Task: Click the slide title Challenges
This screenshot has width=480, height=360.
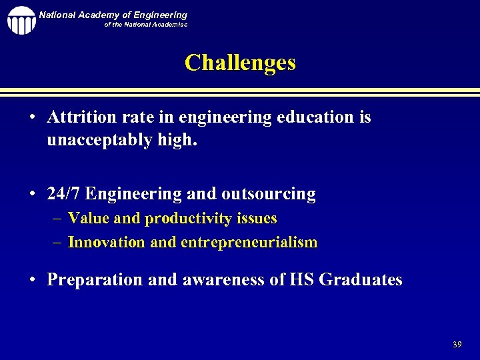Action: coord(240,63)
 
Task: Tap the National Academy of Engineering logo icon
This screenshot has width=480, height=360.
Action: coord(21,20)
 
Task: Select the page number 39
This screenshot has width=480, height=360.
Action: coord(457,344)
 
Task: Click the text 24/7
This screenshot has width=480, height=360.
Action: coord(64,194)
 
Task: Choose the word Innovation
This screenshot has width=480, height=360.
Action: coord(107,242)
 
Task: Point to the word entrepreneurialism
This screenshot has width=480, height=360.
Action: coord(249,242)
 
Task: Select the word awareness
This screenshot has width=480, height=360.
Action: coord(229,279)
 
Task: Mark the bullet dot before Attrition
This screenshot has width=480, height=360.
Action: coord(33,118)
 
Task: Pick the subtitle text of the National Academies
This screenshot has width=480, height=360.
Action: coord(145,25)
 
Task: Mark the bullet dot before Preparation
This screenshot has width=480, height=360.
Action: coord(33,280)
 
